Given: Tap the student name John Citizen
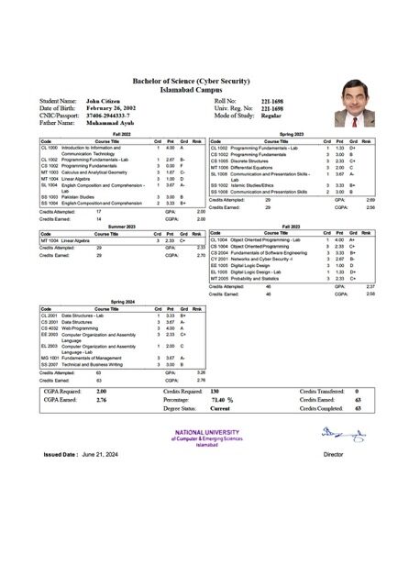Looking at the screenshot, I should [x=105, y=100].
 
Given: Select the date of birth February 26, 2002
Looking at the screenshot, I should [x=115, y=108].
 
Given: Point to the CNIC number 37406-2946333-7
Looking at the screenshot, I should [x=115, y=116].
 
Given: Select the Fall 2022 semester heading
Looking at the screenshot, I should [x=122, y=134].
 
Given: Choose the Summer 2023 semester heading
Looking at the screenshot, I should [x=122, y=226].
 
